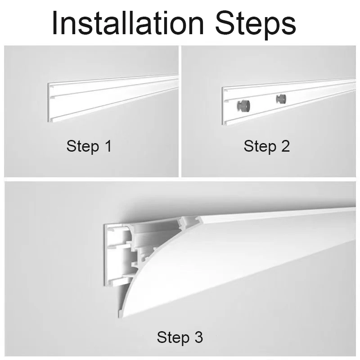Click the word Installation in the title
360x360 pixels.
128,23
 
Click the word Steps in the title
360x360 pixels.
256,25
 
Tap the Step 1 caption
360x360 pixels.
89,146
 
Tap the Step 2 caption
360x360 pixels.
266,146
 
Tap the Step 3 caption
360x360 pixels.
180,337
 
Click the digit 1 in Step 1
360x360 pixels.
108,145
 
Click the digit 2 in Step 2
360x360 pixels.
285,145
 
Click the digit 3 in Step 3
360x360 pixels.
198,337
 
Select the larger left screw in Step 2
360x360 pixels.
243,105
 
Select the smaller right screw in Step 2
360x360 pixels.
281,99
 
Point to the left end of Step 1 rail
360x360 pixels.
49,103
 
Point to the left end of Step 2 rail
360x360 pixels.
222,106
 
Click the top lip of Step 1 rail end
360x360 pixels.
52,87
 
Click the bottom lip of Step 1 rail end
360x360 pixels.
52,120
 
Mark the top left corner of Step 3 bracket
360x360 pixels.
105,225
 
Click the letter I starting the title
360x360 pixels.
54,23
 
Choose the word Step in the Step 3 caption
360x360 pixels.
173,338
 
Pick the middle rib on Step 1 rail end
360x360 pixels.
52,97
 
